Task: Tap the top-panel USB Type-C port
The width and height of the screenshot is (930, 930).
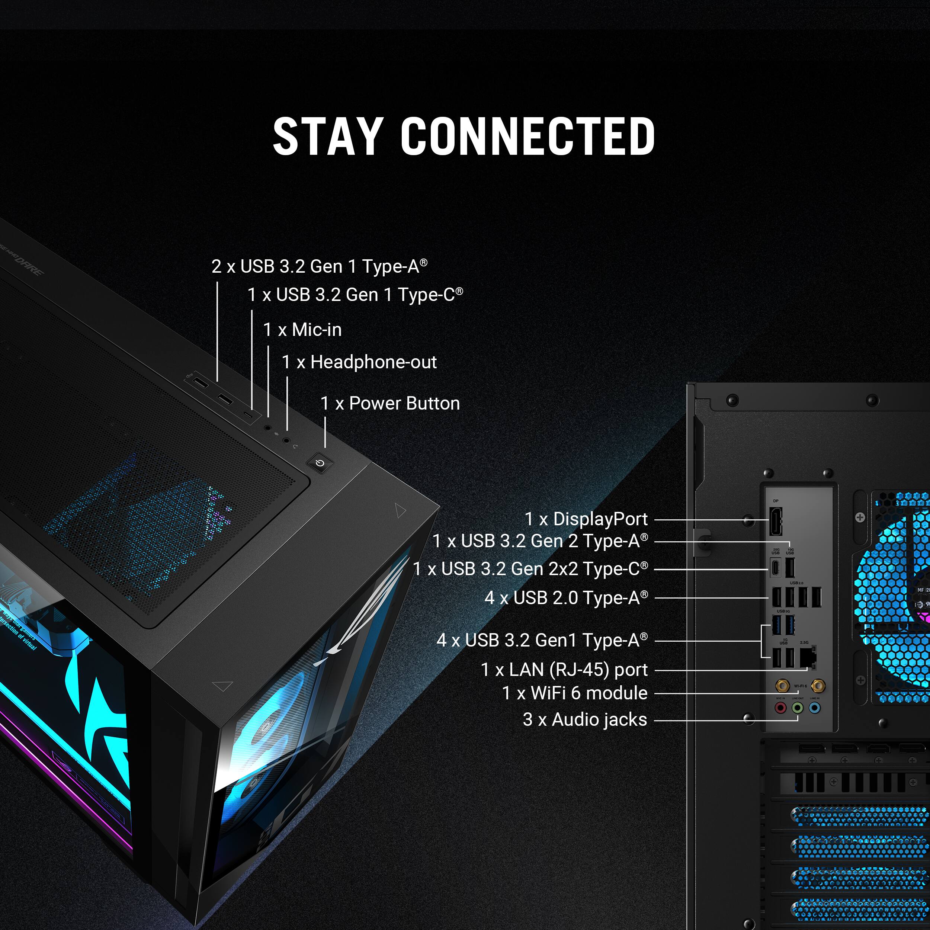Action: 248,415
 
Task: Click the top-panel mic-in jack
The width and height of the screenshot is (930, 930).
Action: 267,427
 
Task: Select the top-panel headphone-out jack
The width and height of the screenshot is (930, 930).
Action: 286,439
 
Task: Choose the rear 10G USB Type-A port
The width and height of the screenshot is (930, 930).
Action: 790,568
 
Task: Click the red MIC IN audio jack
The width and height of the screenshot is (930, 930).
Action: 780,708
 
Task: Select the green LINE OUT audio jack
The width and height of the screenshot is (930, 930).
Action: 798,708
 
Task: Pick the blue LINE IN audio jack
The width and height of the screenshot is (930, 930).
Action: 814,708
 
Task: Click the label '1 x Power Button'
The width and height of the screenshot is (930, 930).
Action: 390,403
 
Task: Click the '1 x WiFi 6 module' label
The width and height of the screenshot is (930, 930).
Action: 575,693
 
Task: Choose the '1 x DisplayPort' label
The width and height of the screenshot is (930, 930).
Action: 586,519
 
